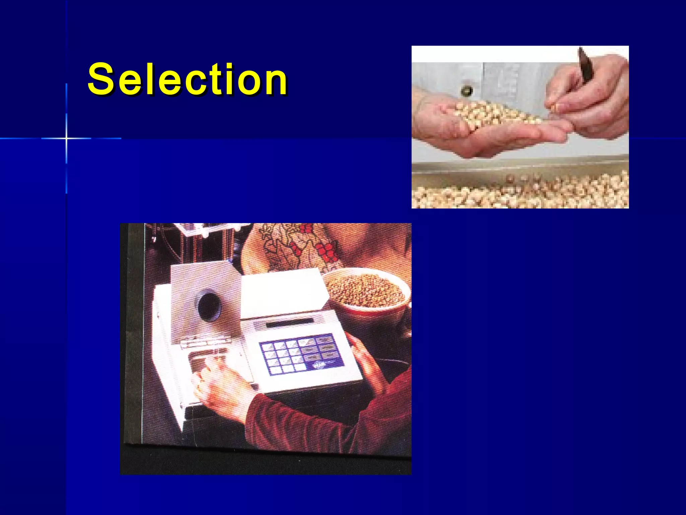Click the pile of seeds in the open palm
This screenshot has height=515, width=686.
pyautogui.click(x=486, y=114)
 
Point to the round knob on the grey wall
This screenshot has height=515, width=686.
pyautogui.click(x=466, y=90)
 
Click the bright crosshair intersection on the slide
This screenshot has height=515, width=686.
pyautogui.click(x=66, y=138)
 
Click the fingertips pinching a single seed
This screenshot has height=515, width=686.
pyautogui.click(x=556, y=107)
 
